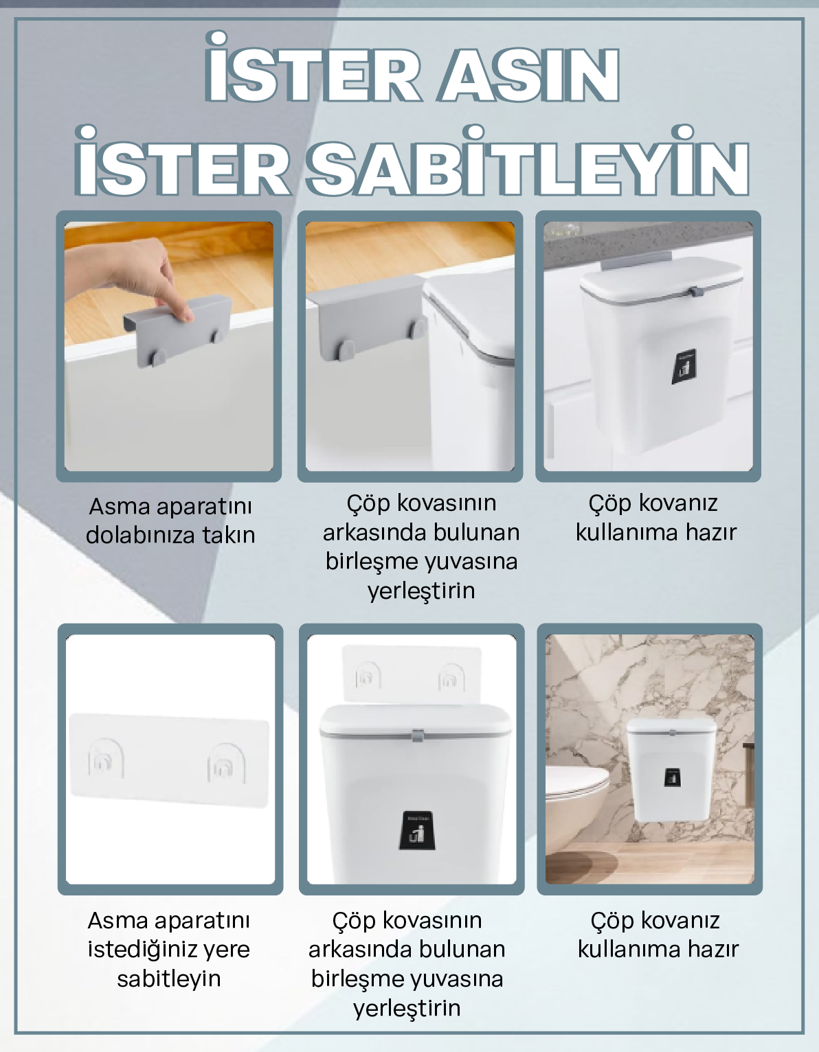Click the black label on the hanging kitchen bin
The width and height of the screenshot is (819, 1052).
point(683,367)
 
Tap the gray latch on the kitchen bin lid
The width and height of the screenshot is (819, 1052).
point(695,291)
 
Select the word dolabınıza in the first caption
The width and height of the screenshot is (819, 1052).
point(140,536)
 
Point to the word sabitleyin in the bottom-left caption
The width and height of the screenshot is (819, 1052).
point(168,979)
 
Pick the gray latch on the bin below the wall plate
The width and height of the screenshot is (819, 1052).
point(417,735)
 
